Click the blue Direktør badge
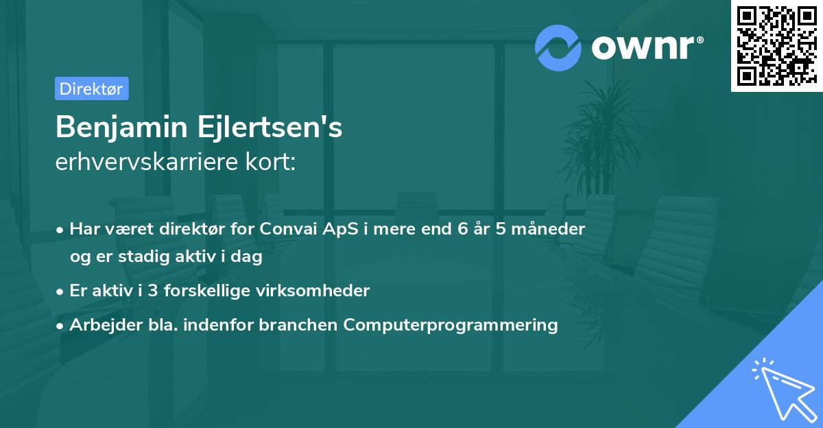pos(92,88)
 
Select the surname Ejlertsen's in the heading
pos(270,127)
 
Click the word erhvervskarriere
pos(147,162)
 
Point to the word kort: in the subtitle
pos(270,162)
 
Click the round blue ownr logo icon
pos(558,48)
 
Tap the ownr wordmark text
pos(647,47)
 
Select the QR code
pos(776,45)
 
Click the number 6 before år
pos(462,228)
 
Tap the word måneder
pos(548,228)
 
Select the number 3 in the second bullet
pos(153,291)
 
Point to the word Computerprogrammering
pos(451,325)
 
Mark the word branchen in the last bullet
pos(298,324)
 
